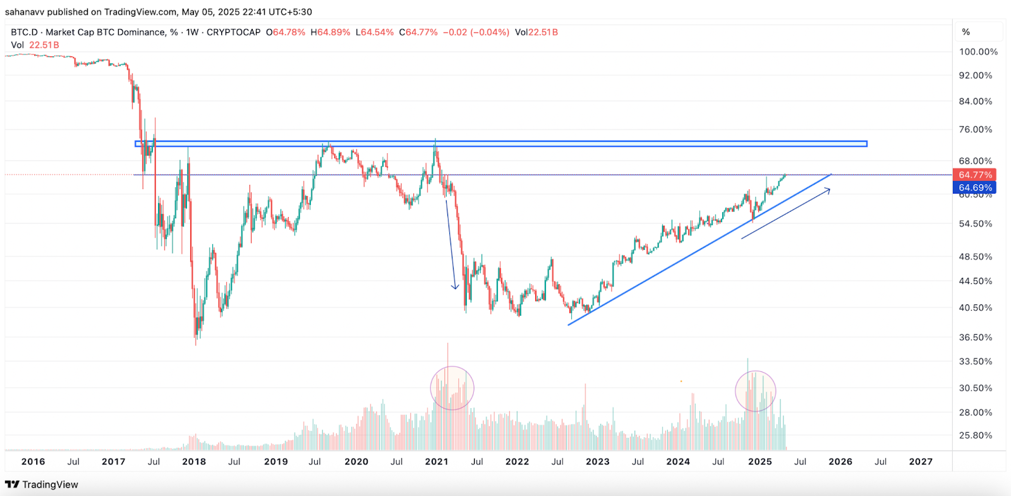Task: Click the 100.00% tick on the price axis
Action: [x=978, y=52]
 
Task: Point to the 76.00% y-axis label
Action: [x=976, y=130]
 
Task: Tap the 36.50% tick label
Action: [x=976, y=338]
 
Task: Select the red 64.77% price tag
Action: [x=974, y=175]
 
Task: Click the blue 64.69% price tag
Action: [x=974, y=187]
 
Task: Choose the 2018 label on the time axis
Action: [x=194, y=462]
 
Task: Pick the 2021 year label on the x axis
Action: [x=437, y=462]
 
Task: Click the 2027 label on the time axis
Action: [x=921, y=462]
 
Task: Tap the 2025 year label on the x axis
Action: [x=760, y=462]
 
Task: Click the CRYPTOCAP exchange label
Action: [x=233, y=32]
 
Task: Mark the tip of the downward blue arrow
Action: [x=455, y=289]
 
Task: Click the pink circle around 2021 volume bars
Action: [x=452, y=388]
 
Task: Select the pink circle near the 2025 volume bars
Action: [x=755, y=391]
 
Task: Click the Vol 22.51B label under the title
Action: [x=35, y=45]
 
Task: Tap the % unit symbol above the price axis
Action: [x=966, y=32]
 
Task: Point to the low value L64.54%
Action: [x=375, y=32]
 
